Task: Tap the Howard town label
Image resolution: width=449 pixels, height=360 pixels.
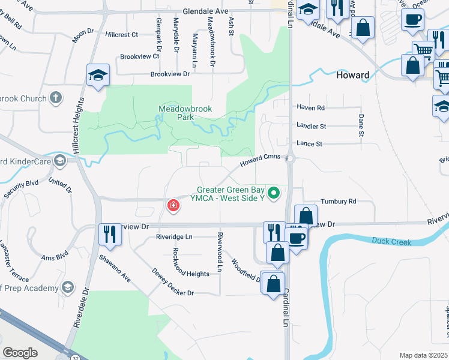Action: point(352,76)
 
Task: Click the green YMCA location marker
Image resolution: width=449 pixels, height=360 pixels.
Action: point(274,193)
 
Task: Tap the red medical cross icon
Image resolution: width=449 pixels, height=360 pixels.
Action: point(173,206)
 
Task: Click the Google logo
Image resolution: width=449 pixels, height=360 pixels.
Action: point(20,352)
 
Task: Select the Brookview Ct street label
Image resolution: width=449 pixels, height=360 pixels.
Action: point(139,56)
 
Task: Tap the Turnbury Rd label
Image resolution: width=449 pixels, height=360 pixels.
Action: point(339,202)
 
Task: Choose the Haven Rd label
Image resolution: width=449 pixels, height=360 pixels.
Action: point(310,108)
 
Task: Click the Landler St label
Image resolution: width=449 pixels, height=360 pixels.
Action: point(311,127)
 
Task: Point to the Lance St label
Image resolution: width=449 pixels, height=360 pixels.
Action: point(310,144)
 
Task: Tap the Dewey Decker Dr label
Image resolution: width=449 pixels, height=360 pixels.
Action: point(173,282)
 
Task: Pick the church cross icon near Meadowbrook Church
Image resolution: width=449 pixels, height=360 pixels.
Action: point(56,97)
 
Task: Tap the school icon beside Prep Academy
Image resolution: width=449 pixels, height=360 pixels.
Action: point(68,288)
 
